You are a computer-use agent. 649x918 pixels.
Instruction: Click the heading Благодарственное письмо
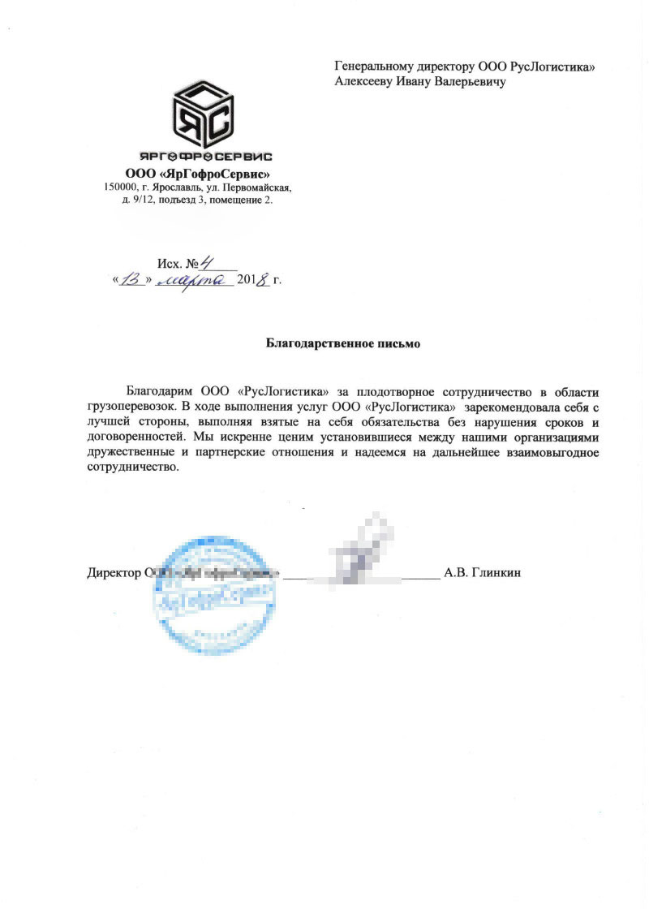pyautogui.click(x=343, y=344)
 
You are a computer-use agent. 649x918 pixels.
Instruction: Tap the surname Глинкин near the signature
pyautogui.click(x=493, y=573)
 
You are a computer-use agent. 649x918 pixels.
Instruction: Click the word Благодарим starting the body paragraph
pyautogui.click(x=161, y=389)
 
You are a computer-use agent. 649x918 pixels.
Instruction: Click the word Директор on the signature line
pyautogui.click(x=113, y=573)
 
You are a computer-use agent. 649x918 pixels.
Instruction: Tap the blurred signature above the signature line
pyautogui.click(x=357, y=552)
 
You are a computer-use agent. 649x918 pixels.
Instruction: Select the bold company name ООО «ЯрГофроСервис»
pyautogui.click(x=197, y=173)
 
